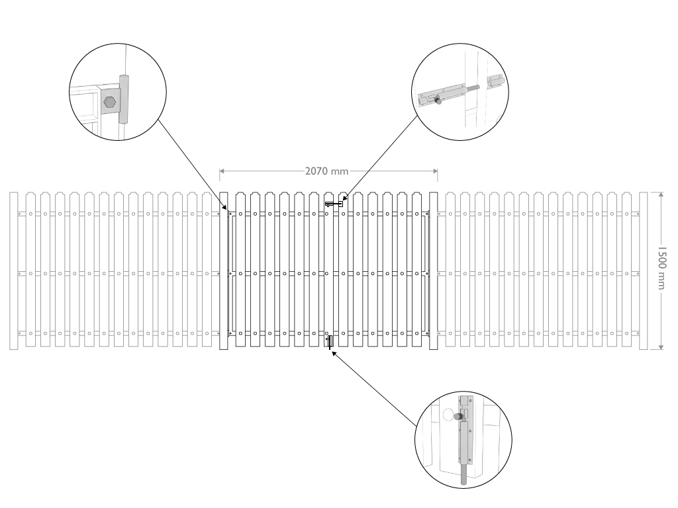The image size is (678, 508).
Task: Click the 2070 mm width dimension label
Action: coord(327,171)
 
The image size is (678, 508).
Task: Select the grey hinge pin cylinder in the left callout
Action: coord(124,99)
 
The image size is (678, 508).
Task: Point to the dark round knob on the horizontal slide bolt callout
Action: coord(437,101)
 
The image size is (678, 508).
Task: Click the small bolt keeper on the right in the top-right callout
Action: coord(495,82)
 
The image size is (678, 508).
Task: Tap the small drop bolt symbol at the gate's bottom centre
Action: coord(329,341)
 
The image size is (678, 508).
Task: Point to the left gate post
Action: coord(224,271)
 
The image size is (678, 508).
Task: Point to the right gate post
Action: coord(434,271)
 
